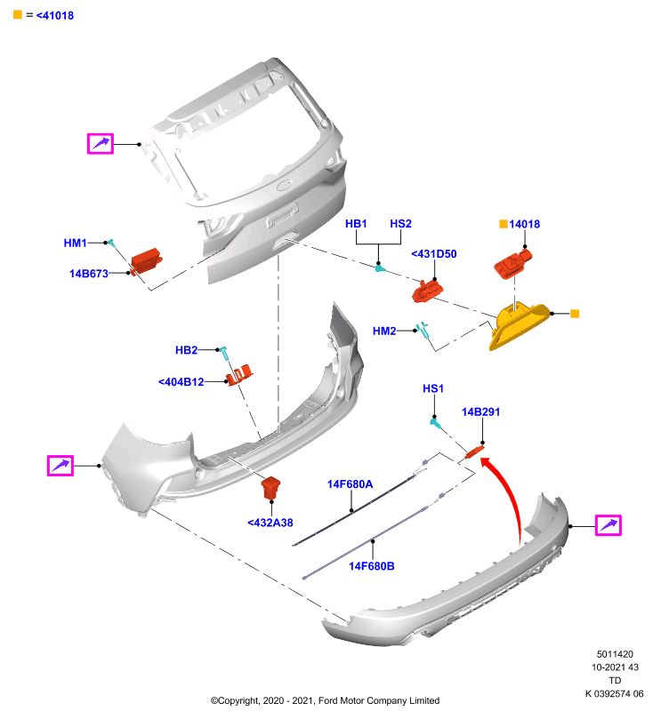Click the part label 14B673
pos(88,274)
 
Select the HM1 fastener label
pos(75,243)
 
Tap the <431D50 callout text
pos(433,254)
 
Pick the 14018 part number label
pos(524,224)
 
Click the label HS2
pos(400,224)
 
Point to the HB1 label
pos(356,224)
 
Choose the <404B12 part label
pos(181,382)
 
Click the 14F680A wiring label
pos(350,484)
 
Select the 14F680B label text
pos(371,566)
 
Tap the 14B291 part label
pos(480,411)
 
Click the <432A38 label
pos(270,523)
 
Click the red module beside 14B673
pos(146,260)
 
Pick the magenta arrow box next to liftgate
pos(101,144)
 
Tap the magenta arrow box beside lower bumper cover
pos(609,525)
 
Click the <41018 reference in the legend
pos(55,15)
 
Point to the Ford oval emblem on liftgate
pos(285,185)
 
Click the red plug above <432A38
pos(270,488)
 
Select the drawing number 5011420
pos(615,654)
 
